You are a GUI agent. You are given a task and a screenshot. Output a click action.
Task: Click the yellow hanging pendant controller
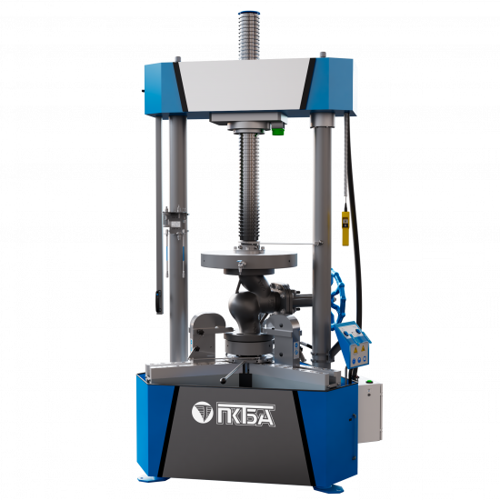coord(345,228)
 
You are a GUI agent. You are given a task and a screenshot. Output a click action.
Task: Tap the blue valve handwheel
coord(335,295)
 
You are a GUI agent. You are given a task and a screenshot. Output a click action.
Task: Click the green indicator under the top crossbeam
coord(277,131)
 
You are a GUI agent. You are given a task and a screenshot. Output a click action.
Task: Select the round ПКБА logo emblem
coord(202,413)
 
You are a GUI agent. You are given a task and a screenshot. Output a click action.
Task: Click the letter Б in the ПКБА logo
coord(251,415)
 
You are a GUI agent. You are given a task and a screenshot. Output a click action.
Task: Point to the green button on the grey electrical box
coord(370,381)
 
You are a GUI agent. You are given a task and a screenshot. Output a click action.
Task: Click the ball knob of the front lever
coord(224,380)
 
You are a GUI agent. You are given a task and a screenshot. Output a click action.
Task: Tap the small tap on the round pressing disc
coord(240,265)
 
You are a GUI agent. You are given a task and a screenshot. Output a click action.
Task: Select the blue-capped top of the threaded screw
coord(249,14)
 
